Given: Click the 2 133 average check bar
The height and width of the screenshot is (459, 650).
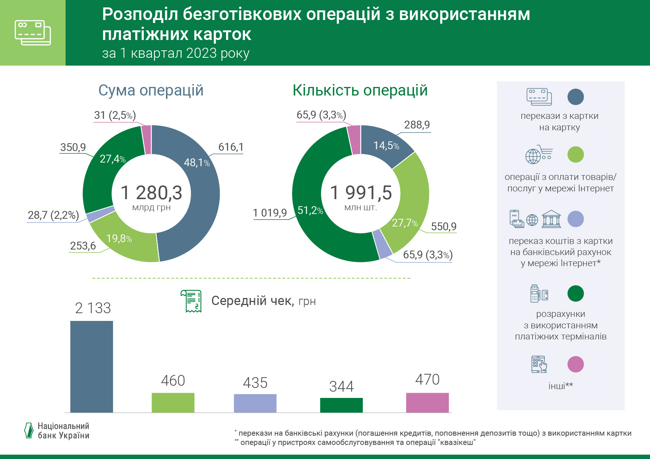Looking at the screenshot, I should (x=92, y=366).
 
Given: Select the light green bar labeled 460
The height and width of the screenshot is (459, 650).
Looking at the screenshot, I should (x=173, y=402).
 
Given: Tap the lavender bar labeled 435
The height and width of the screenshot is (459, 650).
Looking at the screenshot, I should (x=255, y=403).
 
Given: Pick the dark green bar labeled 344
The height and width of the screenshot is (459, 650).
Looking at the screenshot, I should (x=341, y=405).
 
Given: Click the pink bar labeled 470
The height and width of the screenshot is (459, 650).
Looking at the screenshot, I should (x=427, y=402).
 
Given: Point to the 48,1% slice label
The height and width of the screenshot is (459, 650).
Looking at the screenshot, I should (x=196, y=163).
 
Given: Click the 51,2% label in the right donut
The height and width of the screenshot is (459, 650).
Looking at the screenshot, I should (x=310, y=211).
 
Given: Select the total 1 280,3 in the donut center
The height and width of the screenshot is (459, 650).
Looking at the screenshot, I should (x=152, y=193).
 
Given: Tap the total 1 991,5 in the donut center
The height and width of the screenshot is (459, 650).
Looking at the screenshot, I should (x=361, y=193).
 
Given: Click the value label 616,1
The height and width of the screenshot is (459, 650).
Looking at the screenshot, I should (x=231, y=147).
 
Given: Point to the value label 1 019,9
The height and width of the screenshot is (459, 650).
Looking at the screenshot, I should (x=270, y=213).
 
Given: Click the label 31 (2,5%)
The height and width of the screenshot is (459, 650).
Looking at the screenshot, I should (x=115, y=115).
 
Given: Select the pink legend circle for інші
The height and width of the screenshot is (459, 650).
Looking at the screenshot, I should (x=575, y=364).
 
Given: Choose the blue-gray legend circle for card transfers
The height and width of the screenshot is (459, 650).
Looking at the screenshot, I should (x=575, y=97).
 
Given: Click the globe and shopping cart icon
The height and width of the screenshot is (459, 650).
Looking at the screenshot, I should (x=539, y=155).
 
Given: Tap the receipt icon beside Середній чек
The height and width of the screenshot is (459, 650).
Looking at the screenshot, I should (x=191, y=301).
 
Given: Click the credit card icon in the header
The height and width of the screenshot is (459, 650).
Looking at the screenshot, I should (x=33, y=33).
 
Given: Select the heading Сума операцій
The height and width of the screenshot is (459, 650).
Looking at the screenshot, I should (x=151, y=90).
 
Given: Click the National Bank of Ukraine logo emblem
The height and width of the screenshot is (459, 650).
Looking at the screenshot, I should (x=29, y=430).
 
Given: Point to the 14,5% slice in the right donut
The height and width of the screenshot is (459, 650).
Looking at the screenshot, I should (x=386, y=145).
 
